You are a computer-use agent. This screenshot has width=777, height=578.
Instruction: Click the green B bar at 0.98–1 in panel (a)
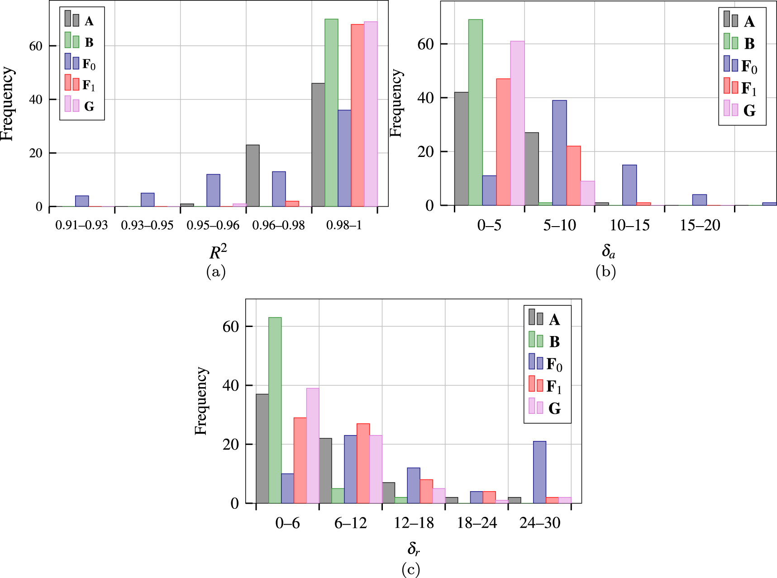pyautogui.click(x=331, y=113)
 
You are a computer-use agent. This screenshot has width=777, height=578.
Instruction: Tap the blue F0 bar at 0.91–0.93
pyautogui.click(x=82, y=201)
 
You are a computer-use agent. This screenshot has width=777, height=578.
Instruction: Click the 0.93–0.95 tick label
pyautogui.click(x=147, y=225)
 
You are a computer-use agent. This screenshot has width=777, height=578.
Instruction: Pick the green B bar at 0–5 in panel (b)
pyautogui.click(x=475, y=113)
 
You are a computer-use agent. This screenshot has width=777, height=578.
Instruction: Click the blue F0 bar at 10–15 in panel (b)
pyautogui.click(x=629, y=185)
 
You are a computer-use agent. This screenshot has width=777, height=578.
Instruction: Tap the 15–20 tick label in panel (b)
pyautogui.click(x=700, y=225)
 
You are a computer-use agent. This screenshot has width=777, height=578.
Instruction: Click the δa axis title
pyautogui.click(x=608, y=251)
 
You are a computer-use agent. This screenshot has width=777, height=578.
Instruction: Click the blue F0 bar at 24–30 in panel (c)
pyautogui.click(x=539, y=472)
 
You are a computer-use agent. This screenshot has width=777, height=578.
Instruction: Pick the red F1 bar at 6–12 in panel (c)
pyautogui.click(x=363, y=464)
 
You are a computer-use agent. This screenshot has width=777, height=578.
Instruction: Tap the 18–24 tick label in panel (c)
pyautogui.click(x=477, y=523)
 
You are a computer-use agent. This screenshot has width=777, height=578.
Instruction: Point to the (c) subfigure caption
pyautogui.click(x=411, y=569)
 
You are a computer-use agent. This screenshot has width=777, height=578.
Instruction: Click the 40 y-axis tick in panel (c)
pyautogui.click(x=230, y=386)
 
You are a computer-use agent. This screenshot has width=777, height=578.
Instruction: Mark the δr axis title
pyautogui.click(x=413, y=549)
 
